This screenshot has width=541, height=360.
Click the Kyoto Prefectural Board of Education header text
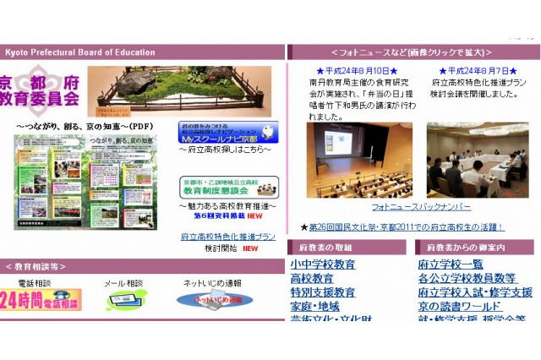tap(80, 52)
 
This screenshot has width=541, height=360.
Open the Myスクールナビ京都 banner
tap(227, 133)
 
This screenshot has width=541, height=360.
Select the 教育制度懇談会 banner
tap(227, 186)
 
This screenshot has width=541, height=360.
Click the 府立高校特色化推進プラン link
tap(227, 237)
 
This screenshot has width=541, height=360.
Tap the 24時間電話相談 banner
tap(41, 300)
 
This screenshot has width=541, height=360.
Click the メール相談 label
tap(123, 283)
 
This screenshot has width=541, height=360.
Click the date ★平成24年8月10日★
tap(355, 71)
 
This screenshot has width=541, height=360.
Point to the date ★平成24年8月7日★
tap(478, 71)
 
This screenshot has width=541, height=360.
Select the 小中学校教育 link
tap(323, 265)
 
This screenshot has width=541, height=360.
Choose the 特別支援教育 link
tap(323, 292)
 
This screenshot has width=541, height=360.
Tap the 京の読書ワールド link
tap(460, 306)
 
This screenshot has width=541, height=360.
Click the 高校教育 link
tap(312, 278)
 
